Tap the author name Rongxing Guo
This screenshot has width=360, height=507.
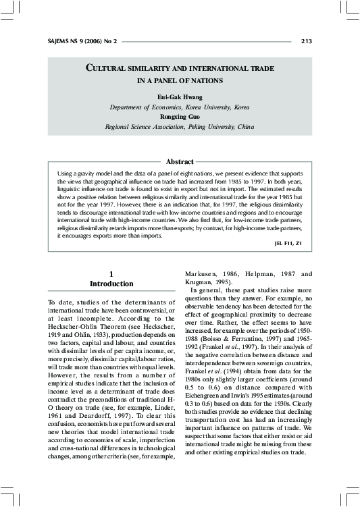pos(180,116)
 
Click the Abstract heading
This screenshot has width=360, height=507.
pos(180,161)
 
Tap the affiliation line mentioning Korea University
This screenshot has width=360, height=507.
pos(180,107)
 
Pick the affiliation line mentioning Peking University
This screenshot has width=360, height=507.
pos(180,126)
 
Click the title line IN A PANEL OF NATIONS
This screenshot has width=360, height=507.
pos(180,81)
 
